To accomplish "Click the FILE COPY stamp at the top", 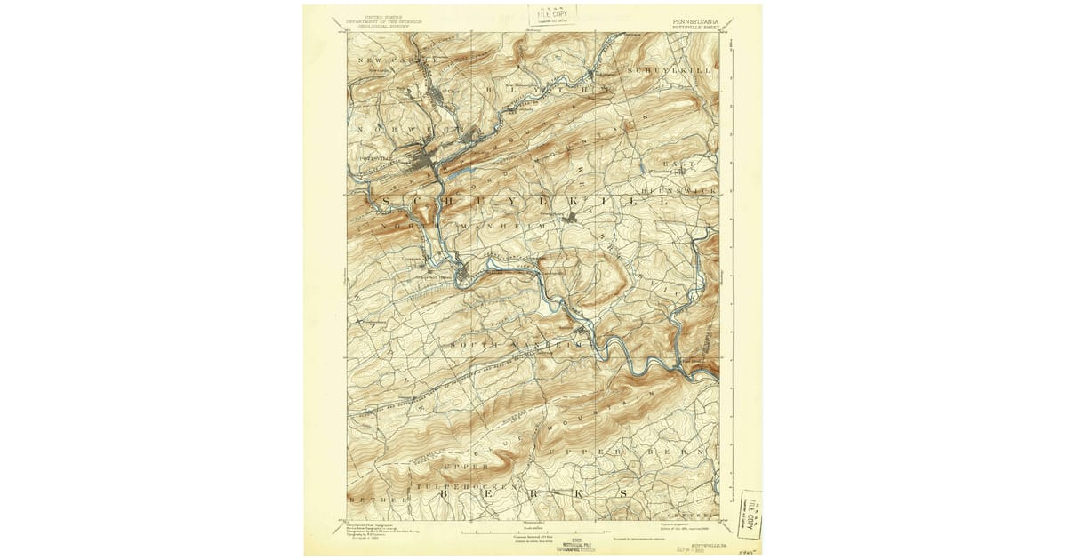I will point(552,13).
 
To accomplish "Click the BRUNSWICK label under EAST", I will point(678,190).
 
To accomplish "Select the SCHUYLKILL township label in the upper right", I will point(669,69).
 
